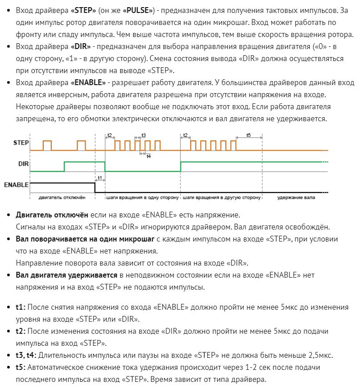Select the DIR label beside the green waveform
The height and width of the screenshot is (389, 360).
[x=24, y=164]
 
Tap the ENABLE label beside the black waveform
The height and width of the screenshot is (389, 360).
[x=16, y=184]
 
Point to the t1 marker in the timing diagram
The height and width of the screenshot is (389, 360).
[x=100, y=178]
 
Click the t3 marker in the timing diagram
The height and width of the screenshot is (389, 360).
[x=143, y=135]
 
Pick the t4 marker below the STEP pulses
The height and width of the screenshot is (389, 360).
[x=148, y=156]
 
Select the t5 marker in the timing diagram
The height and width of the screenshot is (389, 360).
[x=249, y=135]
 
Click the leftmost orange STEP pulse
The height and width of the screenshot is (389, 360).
[x=47, y=145]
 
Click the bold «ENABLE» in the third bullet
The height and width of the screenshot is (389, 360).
[x=88, y=82]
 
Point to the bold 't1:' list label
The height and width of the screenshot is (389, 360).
[x=21, y=307]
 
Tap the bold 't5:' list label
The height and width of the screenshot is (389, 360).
[x=21, y=368]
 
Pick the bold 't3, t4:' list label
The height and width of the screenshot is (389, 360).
[x=26, y=355]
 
